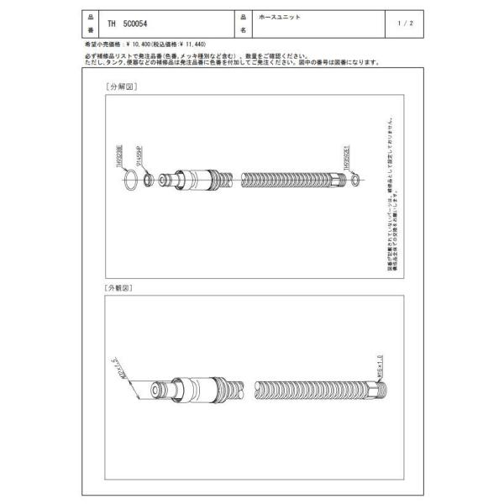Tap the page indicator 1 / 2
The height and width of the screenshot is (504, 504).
[407, 24]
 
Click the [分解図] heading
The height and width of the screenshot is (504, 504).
[121, 87]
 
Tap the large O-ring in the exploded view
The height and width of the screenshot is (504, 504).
[128, 179]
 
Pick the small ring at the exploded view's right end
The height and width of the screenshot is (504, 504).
[357, 179]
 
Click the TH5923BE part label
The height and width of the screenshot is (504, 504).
[119, 155]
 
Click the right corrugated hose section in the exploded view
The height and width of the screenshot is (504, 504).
[294, 179]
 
